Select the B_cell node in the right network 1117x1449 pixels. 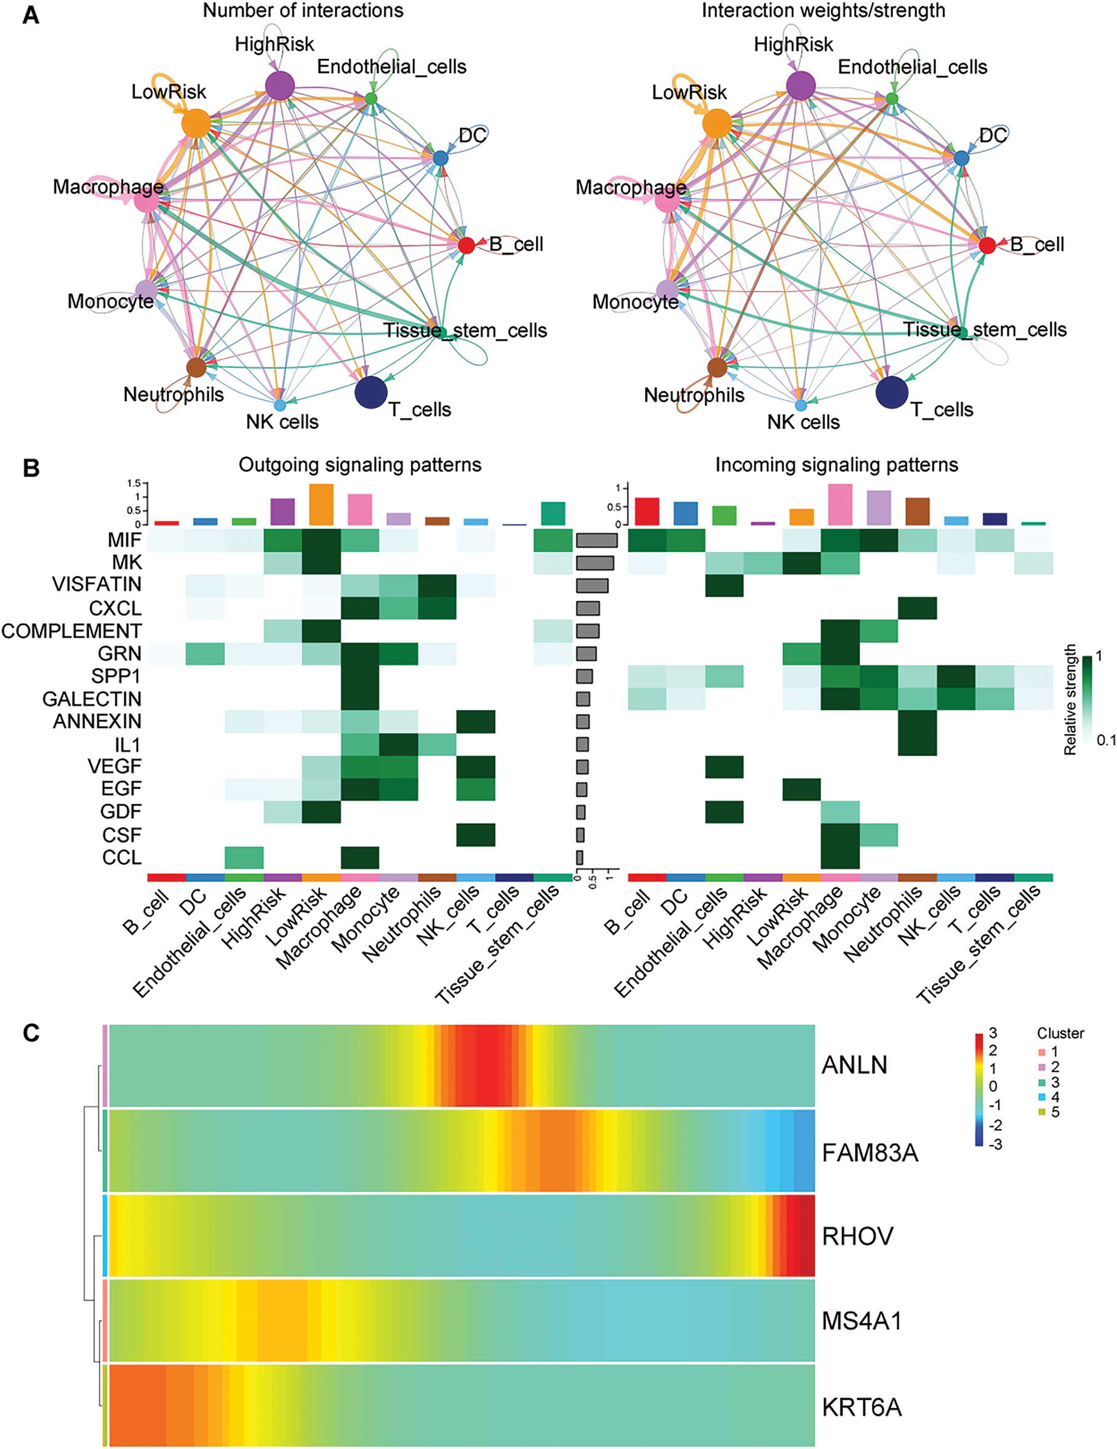987,245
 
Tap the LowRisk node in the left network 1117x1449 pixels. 196,124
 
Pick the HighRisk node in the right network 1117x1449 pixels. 801,86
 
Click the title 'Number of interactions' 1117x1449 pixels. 303,10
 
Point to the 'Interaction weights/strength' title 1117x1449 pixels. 823,10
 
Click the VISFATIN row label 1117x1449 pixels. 97,585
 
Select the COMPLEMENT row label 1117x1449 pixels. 71,630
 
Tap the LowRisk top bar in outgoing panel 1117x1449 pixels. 321,505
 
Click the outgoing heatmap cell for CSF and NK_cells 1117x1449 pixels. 476,834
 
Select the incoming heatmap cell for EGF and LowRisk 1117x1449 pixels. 801,789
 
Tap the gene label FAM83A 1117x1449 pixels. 870,1153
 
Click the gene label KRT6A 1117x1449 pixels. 862,1407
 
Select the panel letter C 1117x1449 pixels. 31,1033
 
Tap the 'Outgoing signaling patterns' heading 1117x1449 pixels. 360,465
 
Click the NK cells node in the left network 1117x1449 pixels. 279,405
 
